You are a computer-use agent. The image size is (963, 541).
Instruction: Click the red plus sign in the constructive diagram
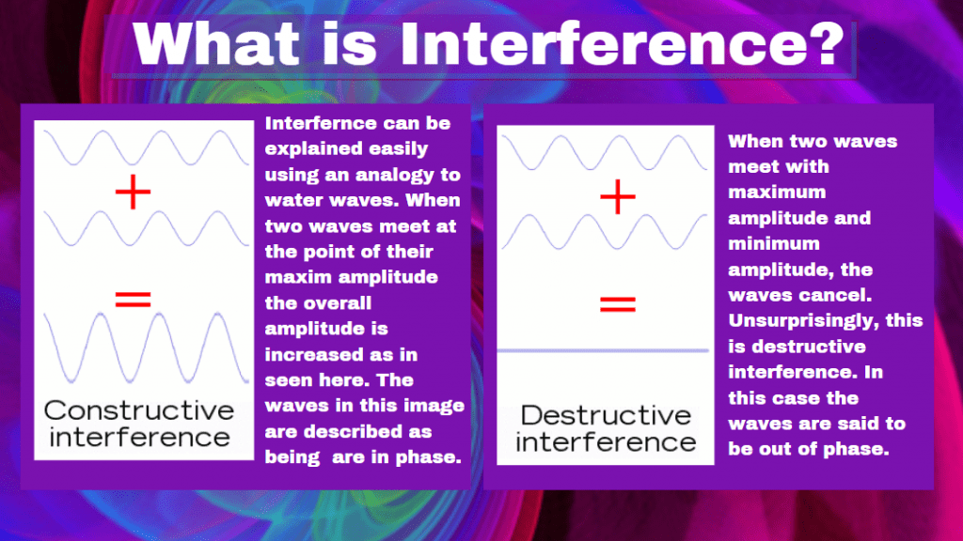pyautogui.click(x=133, y=192)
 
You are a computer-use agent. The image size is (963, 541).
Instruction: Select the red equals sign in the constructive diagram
pyautogui.click(x=133, y=300)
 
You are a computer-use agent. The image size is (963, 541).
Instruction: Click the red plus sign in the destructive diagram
pyautogui.click(x=617, y=197)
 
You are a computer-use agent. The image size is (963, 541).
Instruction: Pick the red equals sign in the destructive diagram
pyautogui.click(x=617, y=304)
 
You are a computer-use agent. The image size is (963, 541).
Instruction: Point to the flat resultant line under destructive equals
pyautogui.click(x=603, y=351)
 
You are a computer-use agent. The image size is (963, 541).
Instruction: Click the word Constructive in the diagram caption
pyautogui.click(x=139, y=410)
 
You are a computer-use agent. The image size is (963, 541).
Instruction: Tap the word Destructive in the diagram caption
pyautogui.click(x=607, y=415)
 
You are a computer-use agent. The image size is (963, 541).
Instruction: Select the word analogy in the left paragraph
pyautogui.click(x=395, y=176)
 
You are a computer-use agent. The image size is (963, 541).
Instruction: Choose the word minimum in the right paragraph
pyautogui.click(x=774, y=243)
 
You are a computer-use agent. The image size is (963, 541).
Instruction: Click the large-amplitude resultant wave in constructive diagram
pyautogui.click(x=146, y=348)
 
